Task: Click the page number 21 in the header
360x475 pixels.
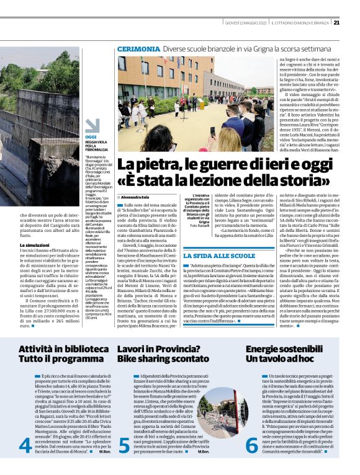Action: tap(336, 23)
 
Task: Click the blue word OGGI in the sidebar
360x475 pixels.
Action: tap(91, 136)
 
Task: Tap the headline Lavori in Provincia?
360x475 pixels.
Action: tap(156, 350)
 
